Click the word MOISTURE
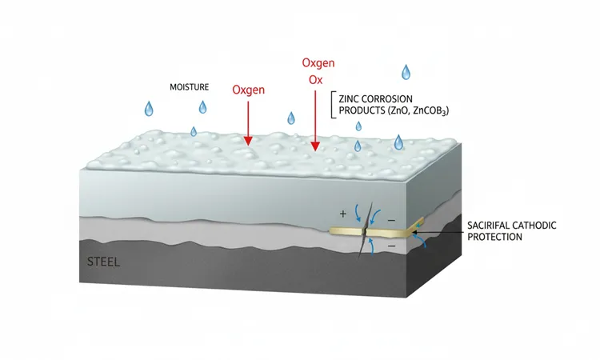(189, 87)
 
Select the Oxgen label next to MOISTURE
(248, 90)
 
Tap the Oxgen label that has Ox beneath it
(318, 63)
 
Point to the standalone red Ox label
(316, 80)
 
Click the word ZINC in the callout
(349, 99)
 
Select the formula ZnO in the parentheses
(400, 111)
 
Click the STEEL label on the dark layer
(103, 262)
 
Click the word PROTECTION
(494, 237)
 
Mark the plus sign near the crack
(343, 214)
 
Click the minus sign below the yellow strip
(391, 246)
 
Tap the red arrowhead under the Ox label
(315, 146)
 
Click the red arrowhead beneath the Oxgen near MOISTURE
(248, 141)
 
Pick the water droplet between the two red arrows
(291, 118)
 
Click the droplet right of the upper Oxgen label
(406, 72)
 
